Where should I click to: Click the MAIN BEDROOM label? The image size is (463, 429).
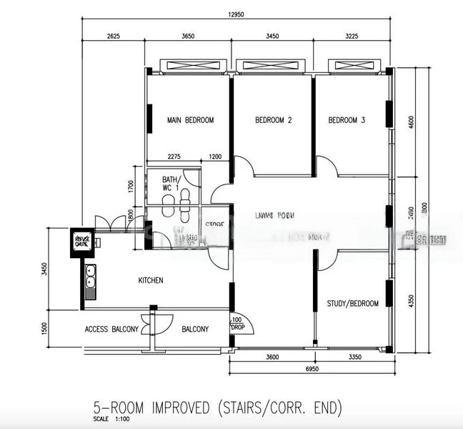[190, 120]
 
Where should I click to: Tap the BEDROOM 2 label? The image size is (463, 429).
[274, 120]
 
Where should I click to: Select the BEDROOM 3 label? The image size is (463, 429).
[347, 120]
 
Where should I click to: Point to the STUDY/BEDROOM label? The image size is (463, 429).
[353, 304]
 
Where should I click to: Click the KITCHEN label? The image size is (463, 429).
[151, 280]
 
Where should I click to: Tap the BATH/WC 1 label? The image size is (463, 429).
[170, 184]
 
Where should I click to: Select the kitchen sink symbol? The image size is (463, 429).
[91, 282]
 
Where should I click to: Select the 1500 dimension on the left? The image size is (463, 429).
[44, 330]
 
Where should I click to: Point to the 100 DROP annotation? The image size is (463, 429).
[237, 324]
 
